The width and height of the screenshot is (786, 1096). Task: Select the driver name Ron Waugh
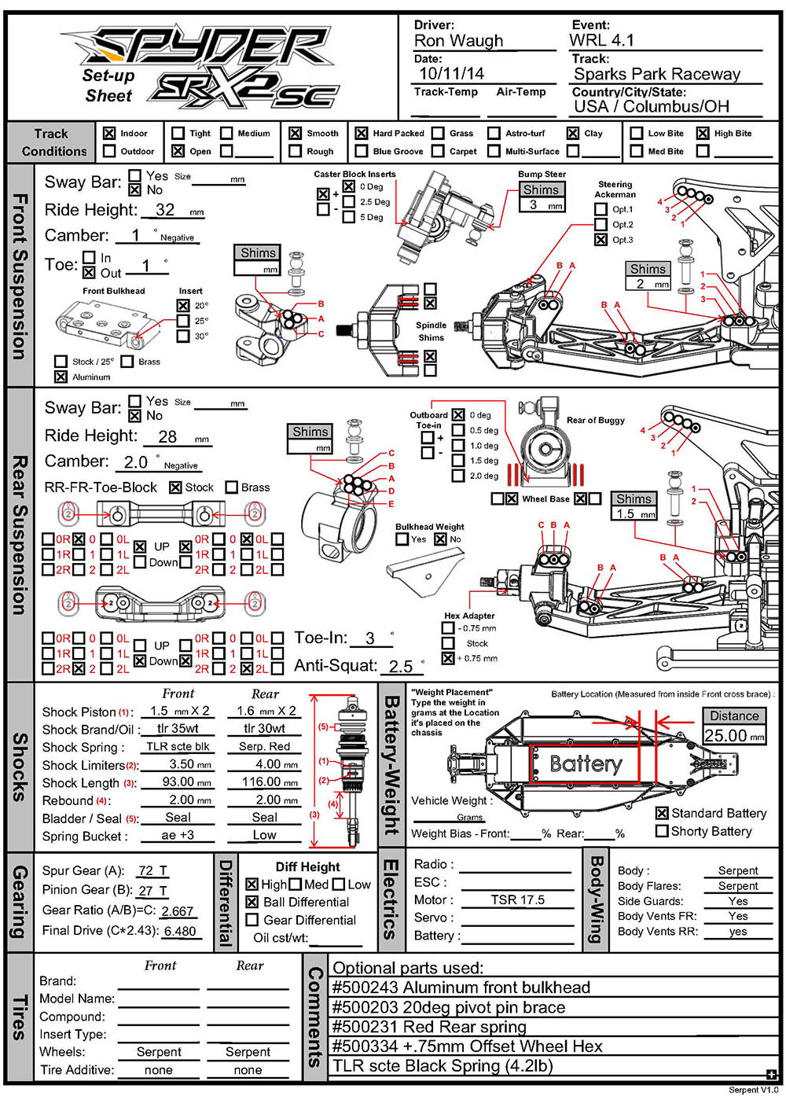[x=458, y=41]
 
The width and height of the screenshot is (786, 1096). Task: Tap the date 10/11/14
[x=451, y=74]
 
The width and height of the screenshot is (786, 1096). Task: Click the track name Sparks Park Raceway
[x=657, y=75]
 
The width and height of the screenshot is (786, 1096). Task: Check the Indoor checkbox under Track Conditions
[x=109, y=134]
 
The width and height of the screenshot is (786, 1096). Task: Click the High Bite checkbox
[x=703, y=134]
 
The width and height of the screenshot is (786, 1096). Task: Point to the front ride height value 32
[x=165, y=210]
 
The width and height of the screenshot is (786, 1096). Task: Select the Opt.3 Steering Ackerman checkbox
[x=601, y=240]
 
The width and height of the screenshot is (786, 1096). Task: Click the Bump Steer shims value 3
[x=534, y=204]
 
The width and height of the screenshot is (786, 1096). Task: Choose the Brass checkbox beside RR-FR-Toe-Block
[x=232, y=487]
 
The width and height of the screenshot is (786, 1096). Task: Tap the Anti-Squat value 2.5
[x=401, y=667]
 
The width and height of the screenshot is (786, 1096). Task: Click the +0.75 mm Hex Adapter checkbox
[x=448, y=658]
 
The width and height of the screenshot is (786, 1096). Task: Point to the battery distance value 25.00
[x=725, y=736]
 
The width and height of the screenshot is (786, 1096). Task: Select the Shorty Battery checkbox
[x=662, y=831]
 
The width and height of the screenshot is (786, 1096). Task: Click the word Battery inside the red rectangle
[x=586, y=763]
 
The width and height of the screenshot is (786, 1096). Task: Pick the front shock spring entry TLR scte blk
[x=178, y=747]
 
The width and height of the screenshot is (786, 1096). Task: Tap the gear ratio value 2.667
[x=178, y=911]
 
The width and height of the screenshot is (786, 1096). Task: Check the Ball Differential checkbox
[x=252, y=902]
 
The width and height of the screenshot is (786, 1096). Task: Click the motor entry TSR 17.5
[x=517, y=899]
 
